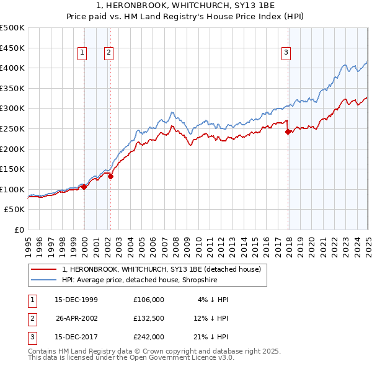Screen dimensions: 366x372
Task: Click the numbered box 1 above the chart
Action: coord(82,53)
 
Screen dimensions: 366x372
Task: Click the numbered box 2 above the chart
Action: coord(108,53)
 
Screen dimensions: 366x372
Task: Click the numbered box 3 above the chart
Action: coord(286,53)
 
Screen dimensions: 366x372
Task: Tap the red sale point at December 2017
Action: coord(288,132)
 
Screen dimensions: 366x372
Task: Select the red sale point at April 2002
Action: coord(110,176)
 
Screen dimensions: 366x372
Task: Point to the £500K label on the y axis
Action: coord(12,28)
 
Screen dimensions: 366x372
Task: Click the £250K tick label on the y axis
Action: coord(12,128)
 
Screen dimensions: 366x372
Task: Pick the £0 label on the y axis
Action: coord(20,230)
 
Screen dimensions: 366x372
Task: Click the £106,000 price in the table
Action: coord(149,299)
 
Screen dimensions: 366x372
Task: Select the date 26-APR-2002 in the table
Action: coord(77,318)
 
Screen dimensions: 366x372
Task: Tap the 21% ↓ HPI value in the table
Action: coord(210,337)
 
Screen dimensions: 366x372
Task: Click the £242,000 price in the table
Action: coord(149,337)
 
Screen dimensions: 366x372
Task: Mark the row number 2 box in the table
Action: coord(31,318)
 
